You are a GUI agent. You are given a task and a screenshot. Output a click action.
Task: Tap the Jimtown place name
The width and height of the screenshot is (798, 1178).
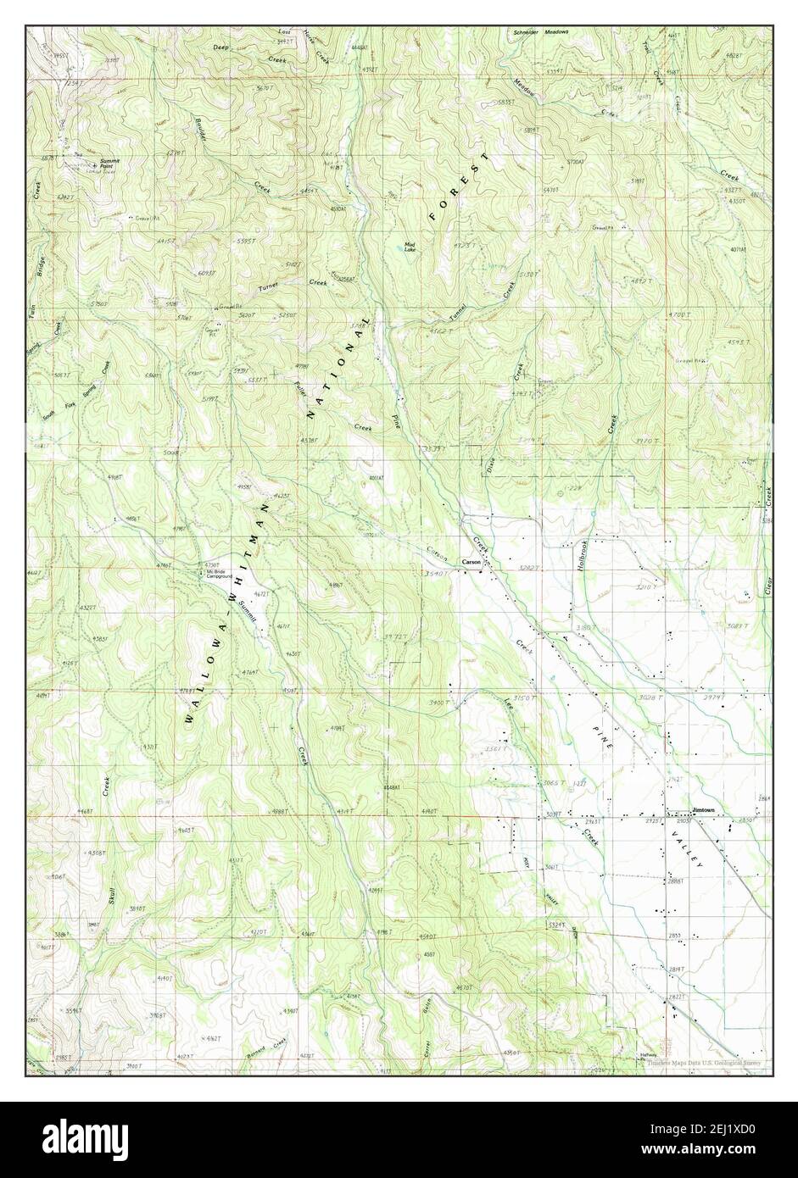tap(703, 809)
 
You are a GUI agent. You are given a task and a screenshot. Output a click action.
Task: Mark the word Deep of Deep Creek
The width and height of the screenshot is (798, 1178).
tap(221, 48)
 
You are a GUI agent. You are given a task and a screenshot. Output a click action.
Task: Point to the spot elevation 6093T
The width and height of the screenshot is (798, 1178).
tap(206, 273)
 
